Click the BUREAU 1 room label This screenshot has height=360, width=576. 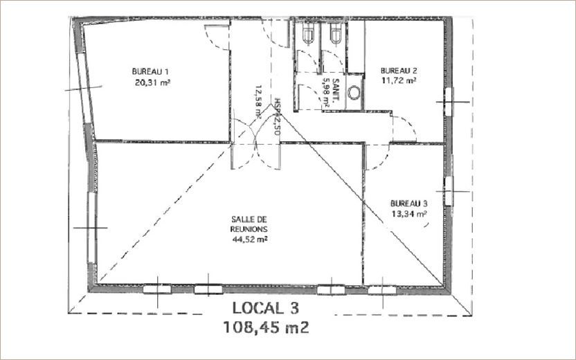(x=151, y=71)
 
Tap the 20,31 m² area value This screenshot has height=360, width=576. (x=152, y=81)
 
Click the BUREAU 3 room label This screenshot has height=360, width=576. (x=408, y=204)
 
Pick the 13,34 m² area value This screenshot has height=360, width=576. (x=409, y=214)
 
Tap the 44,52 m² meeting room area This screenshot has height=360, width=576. (x=250, y=240)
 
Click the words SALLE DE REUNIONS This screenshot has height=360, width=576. (x=249, y=223)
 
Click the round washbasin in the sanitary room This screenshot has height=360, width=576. (x=354, y=92)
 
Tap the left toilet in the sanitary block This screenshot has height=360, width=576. (x=308, y=34)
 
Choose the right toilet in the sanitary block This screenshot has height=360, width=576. (x=336, y=34)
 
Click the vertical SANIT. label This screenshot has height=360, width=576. (x=334, y=91)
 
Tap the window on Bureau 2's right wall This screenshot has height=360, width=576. (x=448, y=101)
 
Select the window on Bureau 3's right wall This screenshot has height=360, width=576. (x=448, y=189)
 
